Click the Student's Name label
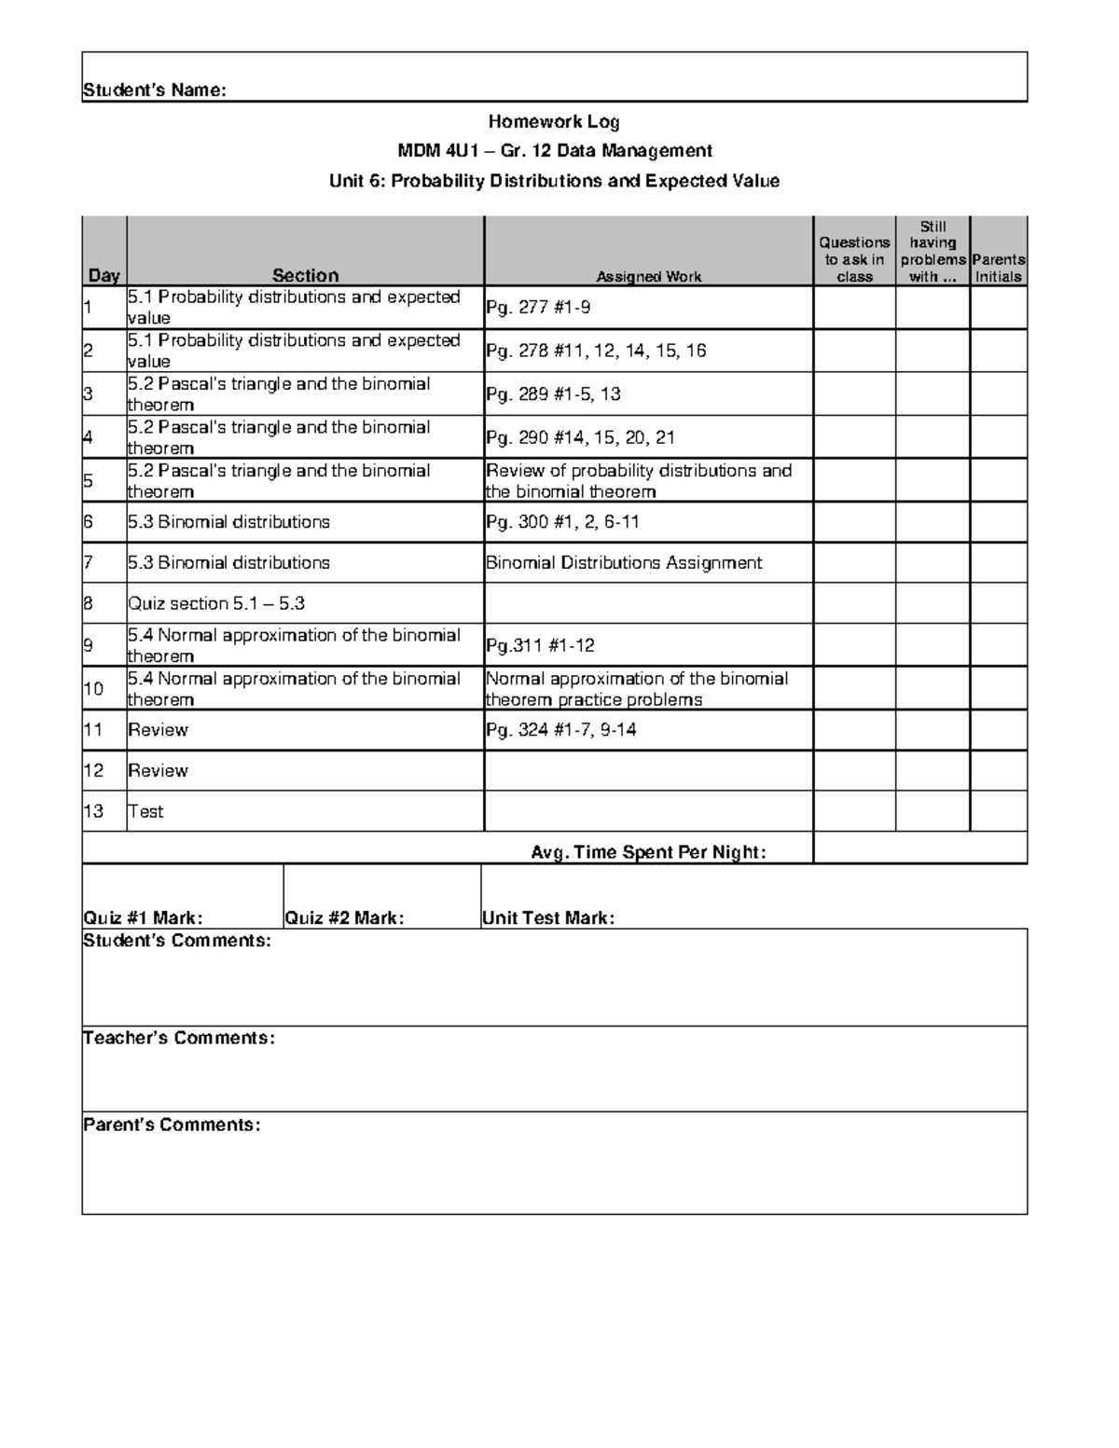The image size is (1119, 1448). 154,90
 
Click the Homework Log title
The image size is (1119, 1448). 554,121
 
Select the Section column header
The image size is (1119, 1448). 305,275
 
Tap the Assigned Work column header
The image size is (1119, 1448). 648,276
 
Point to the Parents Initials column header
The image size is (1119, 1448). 998,268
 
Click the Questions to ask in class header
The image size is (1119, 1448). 854,259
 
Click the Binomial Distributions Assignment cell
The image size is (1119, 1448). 624,562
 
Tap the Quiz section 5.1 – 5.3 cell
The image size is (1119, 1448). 216,603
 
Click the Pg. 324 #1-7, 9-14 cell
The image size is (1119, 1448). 561,729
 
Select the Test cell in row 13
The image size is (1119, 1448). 145,811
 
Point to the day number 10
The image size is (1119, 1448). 93,689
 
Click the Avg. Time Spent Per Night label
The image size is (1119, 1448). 648,851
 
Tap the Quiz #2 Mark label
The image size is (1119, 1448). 344,917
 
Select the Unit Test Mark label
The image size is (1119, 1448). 548,917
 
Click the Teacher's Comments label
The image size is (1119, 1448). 179,1038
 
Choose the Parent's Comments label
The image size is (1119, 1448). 172,1124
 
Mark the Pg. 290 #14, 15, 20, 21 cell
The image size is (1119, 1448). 580,437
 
